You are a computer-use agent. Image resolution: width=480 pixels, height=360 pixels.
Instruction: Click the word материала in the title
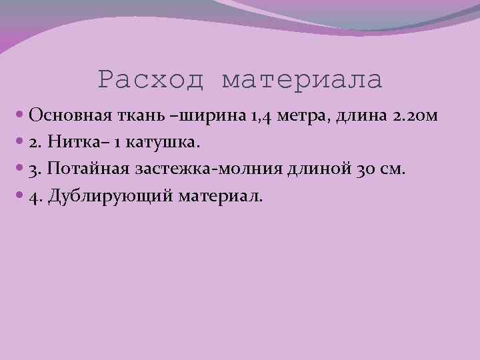tap(302, 80)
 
